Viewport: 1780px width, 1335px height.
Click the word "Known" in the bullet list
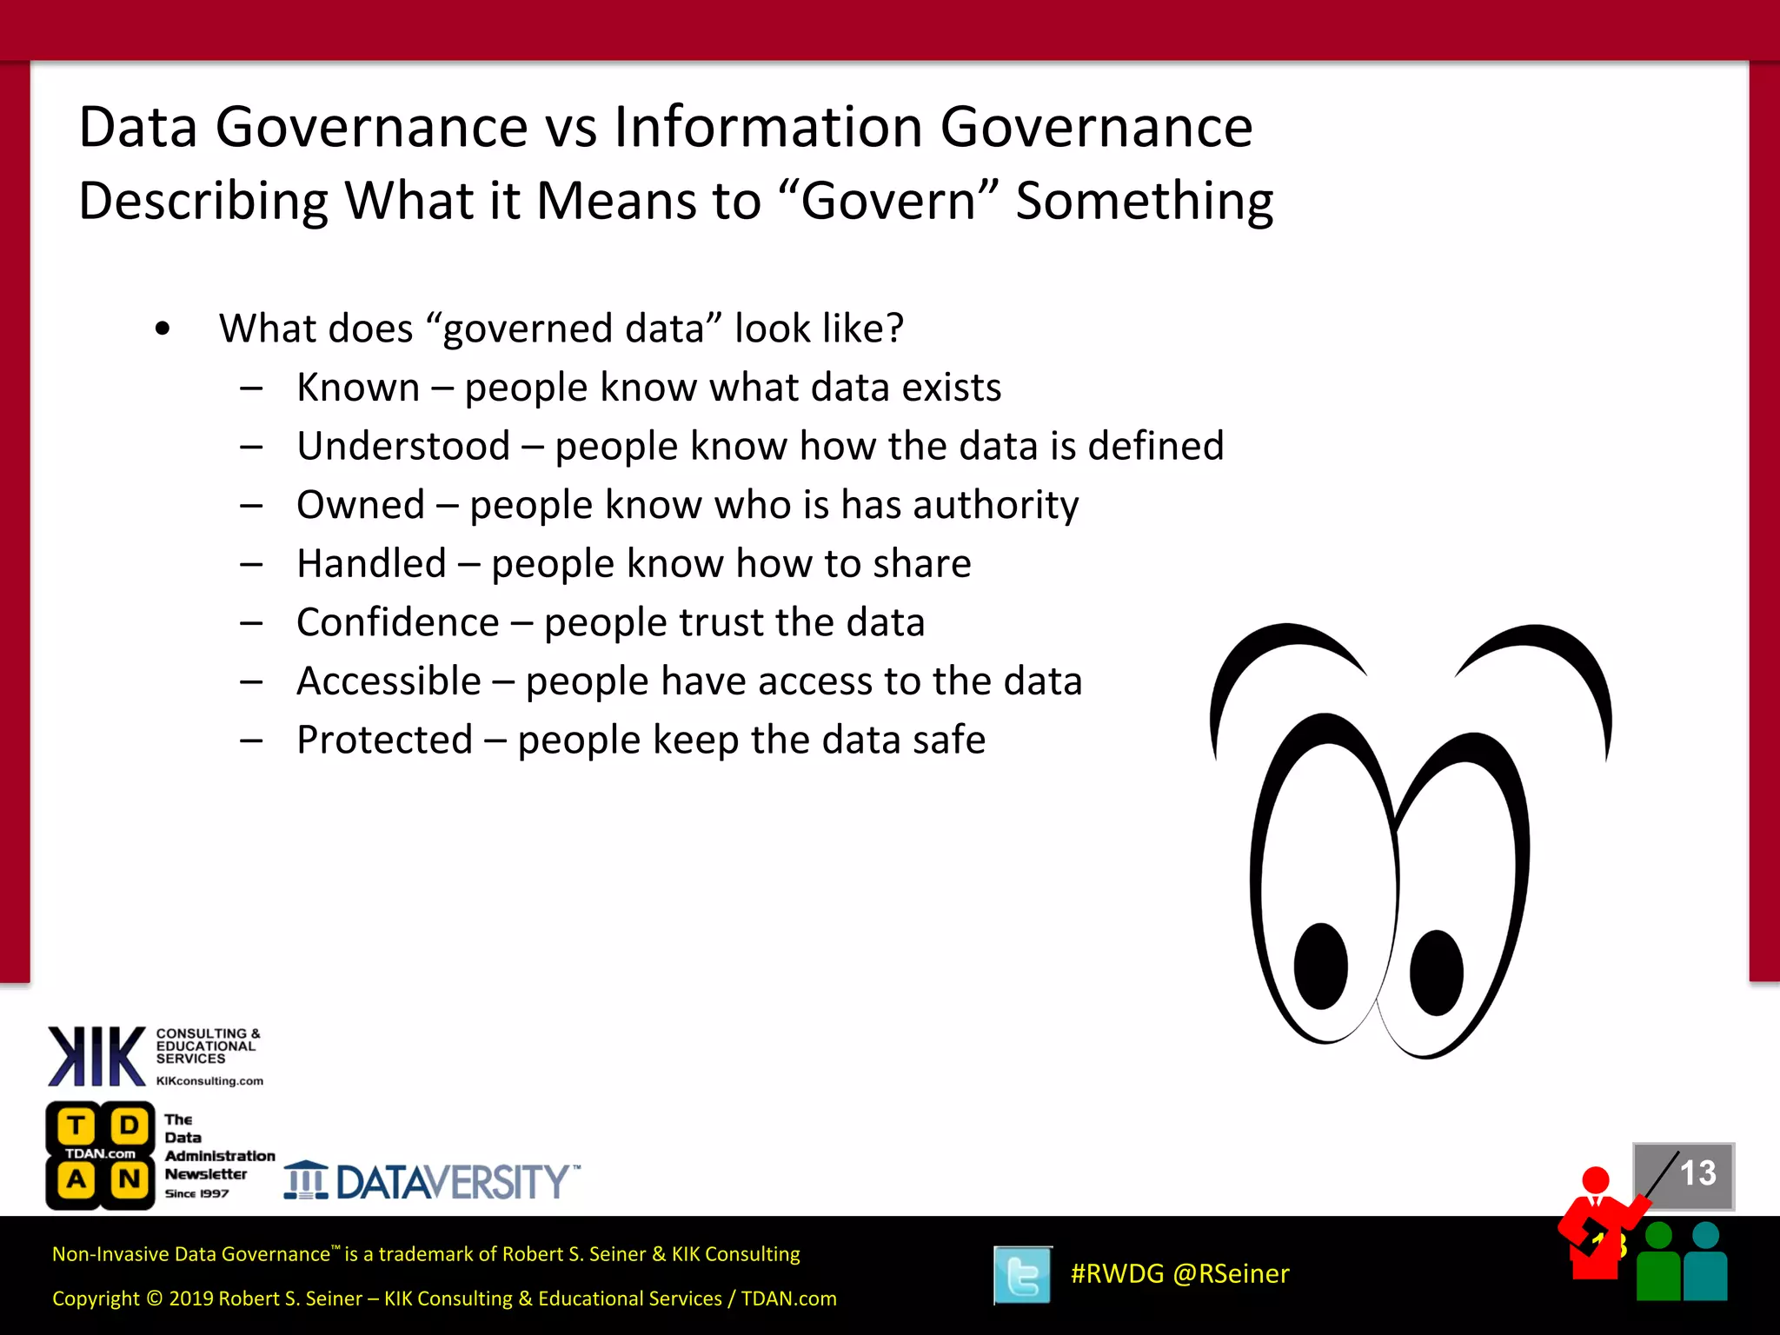point(358,388)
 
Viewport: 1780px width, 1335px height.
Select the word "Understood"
point(403,447)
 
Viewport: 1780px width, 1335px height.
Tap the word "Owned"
point(361,505)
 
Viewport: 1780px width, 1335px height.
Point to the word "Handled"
point(371,564)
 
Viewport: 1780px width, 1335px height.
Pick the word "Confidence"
point(397,622)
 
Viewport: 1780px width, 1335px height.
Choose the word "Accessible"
point(389,681)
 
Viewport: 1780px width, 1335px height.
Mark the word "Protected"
point(384,741)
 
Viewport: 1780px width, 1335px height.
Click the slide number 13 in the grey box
point(1697,1173)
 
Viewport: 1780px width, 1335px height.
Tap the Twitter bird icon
point(1022,1275)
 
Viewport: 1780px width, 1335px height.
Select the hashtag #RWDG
point(1117,1274)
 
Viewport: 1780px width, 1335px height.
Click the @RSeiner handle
point(1231,1274)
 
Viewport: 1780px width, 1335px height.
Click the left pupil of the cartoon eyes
point(1320,966)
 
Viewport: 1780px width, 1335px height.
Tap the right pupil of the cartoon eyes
point(1436,973)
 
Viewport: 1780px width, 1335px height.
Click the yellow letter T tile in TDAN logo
point(76,1126)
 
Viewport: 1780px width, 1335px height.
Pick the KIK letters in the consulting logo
point(96,1056)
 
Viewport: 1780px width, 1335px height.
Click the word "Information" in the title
point(768,127)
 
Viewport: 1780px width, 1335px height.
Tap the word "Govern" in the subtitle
point(887,201)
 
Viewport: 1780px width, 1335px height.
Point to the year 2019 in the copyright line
point(191,1298)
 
